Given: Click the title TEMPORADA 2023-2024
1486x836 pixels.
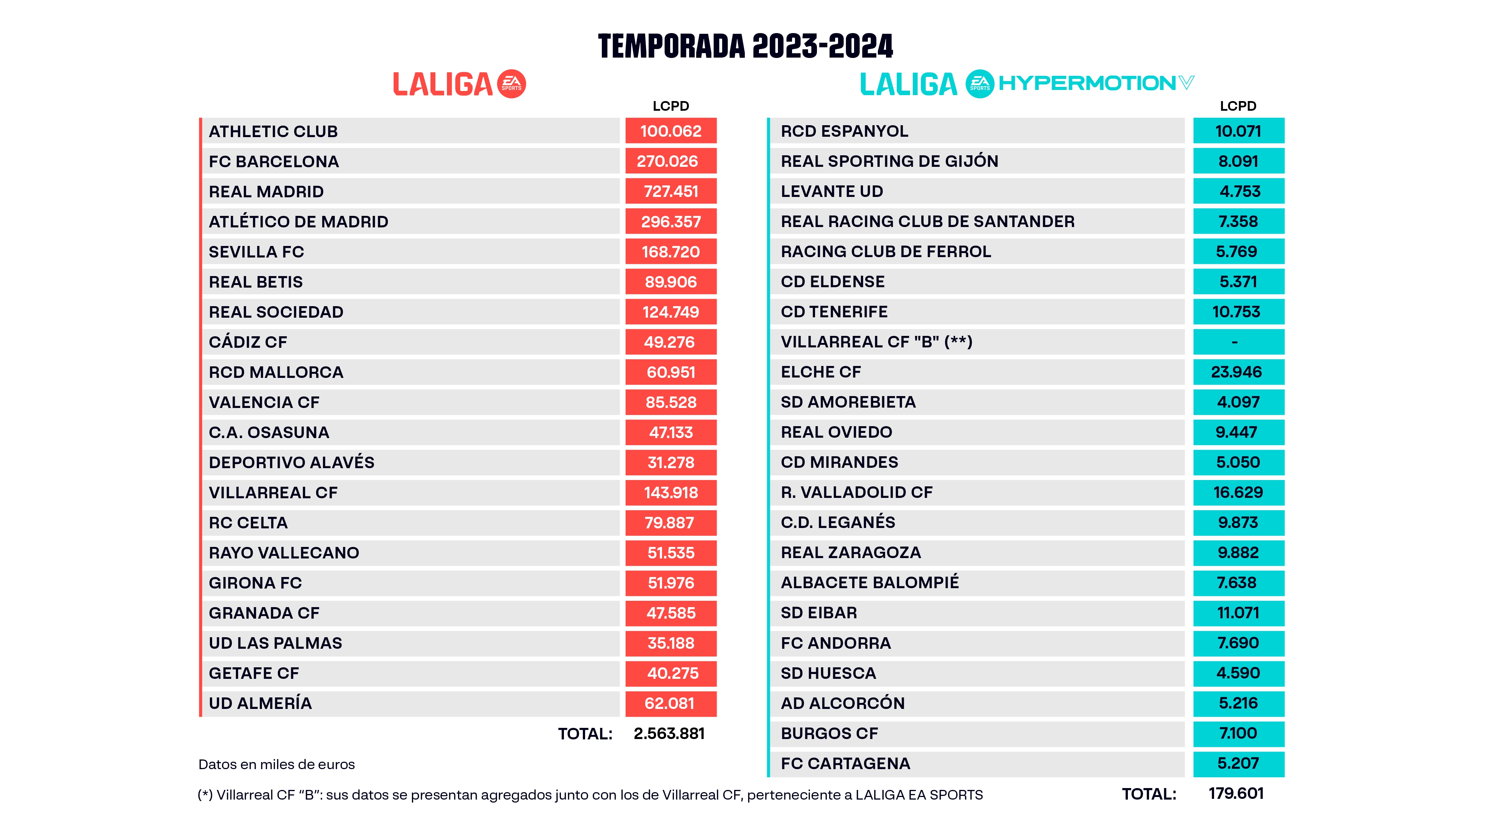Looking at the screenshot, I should coord(745,46).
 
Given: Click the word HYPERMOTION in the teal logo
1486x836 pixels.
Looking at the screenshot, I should coord(1087,83).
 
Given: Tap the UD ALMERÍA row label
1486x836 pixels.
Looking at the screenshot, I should coord(260,703).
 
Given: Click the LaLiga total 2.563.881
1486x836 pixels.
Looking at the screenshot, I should coord(669,734).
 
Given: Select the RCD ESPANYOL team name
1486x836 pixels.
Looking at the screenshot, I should coord(844,132).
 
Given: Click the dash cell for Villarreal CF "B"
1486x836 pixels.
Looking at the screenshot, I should coord(1238,342).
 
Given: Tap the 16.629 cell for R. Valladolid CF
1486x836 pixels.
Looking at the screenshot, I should coord(1238,493).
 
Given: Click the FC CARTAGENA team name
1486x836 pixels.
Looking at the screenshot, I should coord(845,764).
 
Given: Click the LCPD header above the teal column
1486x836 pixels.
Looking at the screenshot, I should coord(1237,106).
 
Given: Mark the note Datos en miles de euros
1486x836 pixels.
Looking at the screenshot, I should coord(276,764).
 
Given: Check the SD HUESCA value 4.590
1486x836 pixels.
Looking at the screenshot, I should coord(1238,673).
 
